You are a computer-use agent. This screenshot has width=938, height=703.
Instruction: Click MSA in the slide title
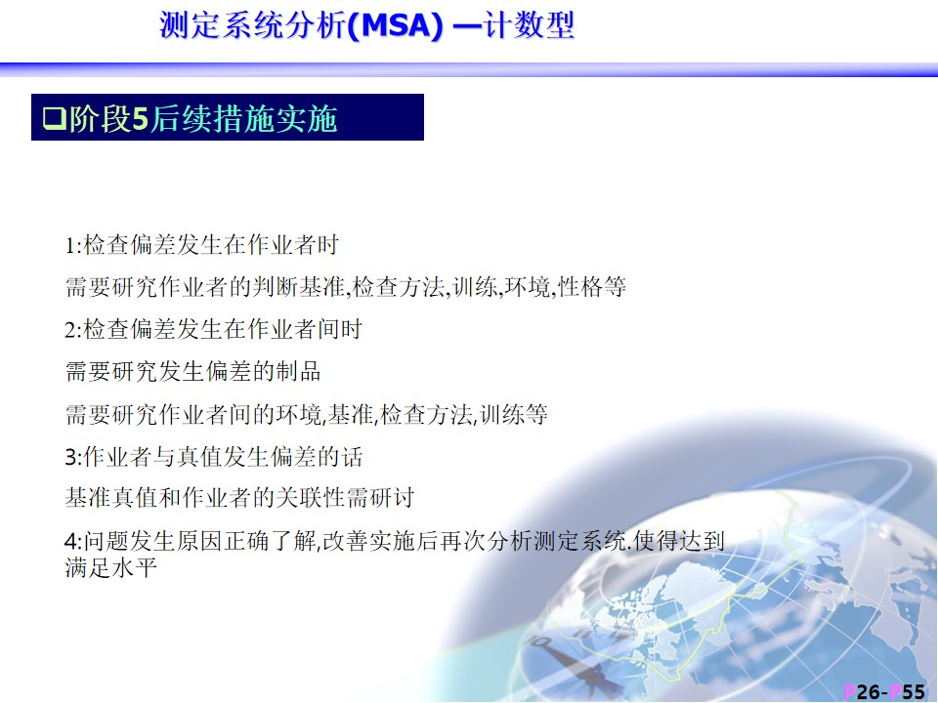394,26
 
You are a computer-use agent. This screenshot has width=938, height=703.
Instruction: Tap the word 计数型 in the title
529,26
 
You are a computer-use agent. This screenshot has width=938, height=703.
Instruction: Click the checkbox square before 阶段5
55,118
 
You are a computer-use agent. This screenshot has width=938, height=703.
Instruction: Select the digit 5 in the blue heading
140,118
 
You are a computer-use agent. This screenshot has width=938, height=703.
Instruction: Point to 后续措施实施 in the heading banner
243,118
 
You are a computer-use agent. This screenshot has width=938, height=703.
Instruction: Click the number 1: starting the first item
73,246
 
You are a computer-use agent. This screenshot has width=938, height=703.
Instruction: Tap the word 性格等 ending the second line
592,287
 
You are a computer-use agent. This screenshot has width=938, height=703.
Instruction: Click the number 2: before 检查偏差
73,330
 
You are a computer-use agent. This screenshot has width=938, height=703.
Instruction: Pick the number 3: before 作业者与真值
73,457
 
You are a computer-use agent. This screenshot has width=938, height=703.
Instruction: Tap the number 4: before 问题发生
73,542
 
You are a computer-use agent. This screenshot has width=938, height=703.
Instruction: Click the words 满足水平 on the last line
110,567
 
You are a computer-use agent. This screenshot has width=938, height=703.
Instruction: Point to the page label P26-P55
884,691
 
